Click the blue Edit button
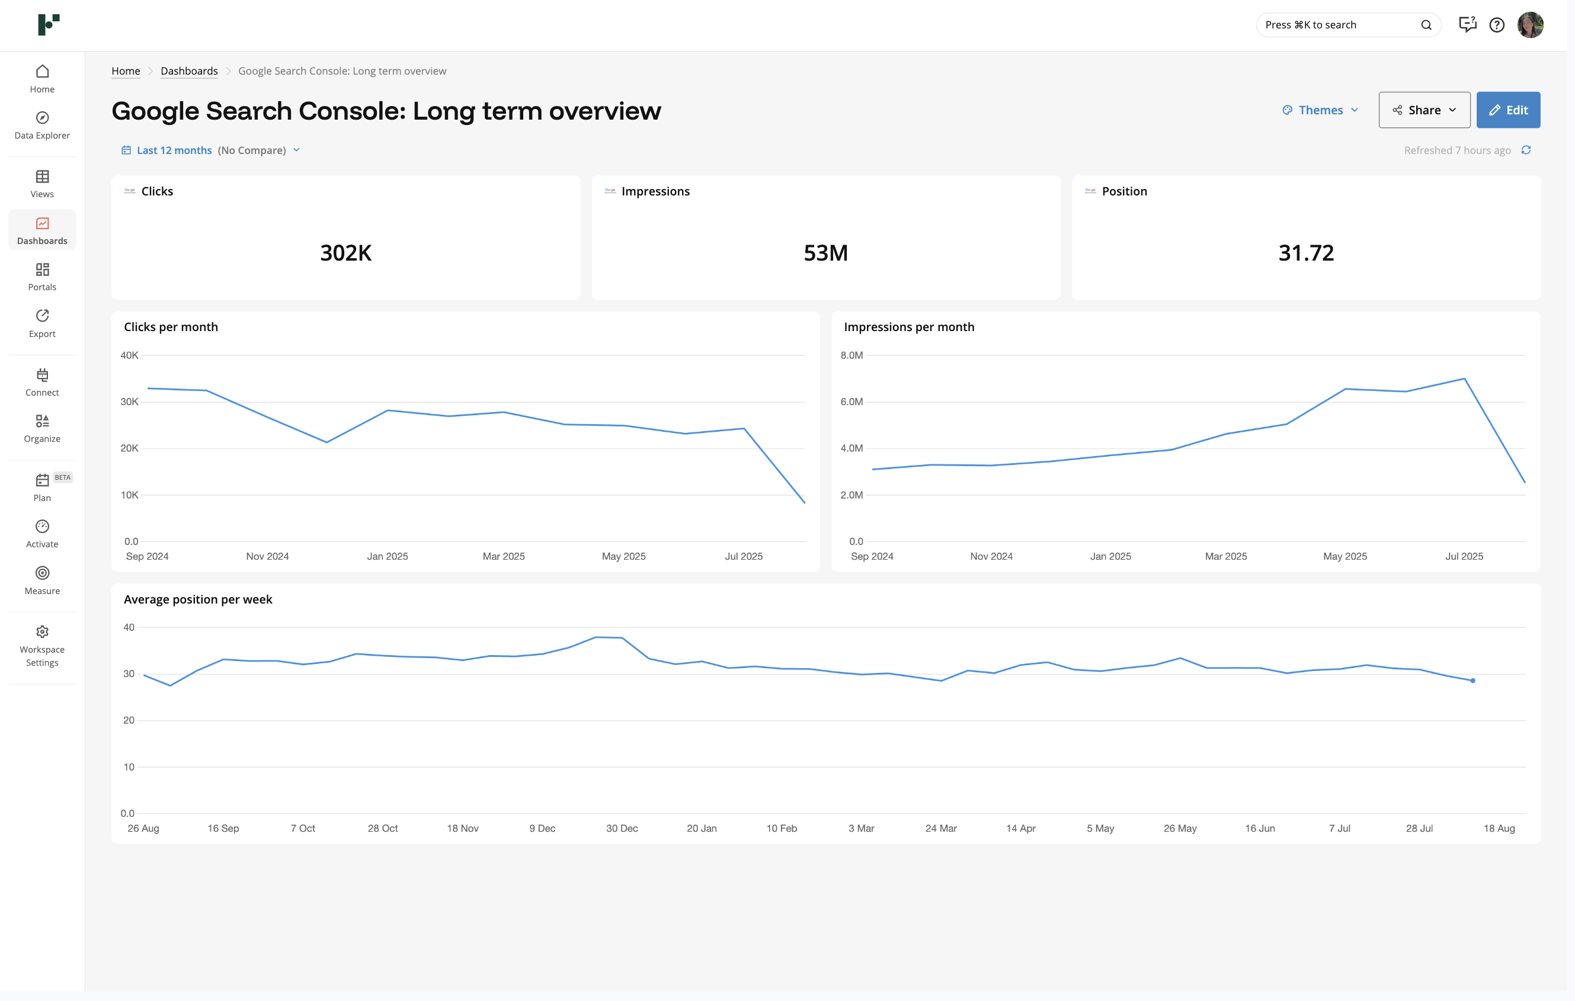pyautogui.click(x=1507, y=110)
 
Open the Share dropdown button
pyautogui.click(x=1424, y=110)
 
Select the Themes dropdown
pyautogui.click(x=1321, y=110)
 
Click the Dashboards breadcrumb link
pyautogui.click(x=189, y=70)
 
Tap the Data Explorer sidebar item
pyautogui.click(x=42, y=125)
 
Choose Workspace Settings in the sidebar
pyautogui.click(x=42, y=646)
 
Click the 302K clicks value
pyautogui.click(x=345, y=253)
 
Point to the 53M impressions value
pyautogui.click(x=825, y=253)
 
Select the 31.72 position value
pyautogui.click(x=1305, y=253)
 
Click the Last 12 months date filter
pyautogui.click(x=174, y=150)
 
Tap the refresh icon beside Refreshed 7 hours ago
pyautogui.click(x=1526, y=150)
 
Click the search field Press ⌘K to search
pyautogui.click(x=1341, y=25)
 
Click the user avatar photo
pyautogui.click(x=1530, y=25)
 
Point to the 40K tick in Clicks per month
pyautogui.click(x=130, y=355)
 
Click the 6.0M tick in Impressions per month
pyautogui.click(x=851, y=402)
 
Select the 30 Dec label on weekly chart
pyautogui.click(x=622, y=829)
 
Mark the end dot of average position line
pyautogui.click(x=1472, y=681)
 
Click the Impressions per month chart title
pyautogui.click(x=908, y=327)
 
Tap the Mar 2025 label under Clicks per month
pyautogui.click(x=503, y=556)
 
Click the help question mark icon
pyautogui.click(x=1497, y=25)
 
